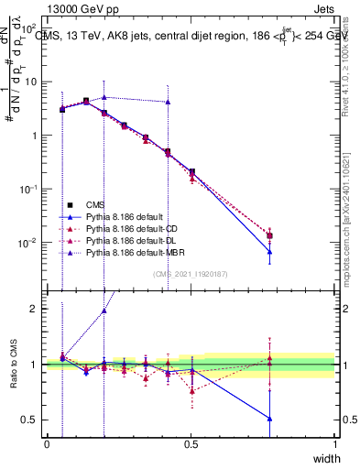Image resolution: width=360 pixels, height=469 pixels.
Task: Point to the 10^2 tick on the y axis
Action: [31, 28]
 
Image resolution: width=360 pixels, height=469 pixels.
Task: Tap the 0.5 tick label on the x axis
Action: [191, 444]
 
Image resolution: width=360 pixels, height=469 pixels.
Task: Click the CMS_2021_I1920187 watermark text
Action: [191, 273]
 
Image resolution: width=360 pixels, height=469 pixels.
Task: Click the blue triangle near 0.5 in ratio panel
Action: [191, 371]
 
